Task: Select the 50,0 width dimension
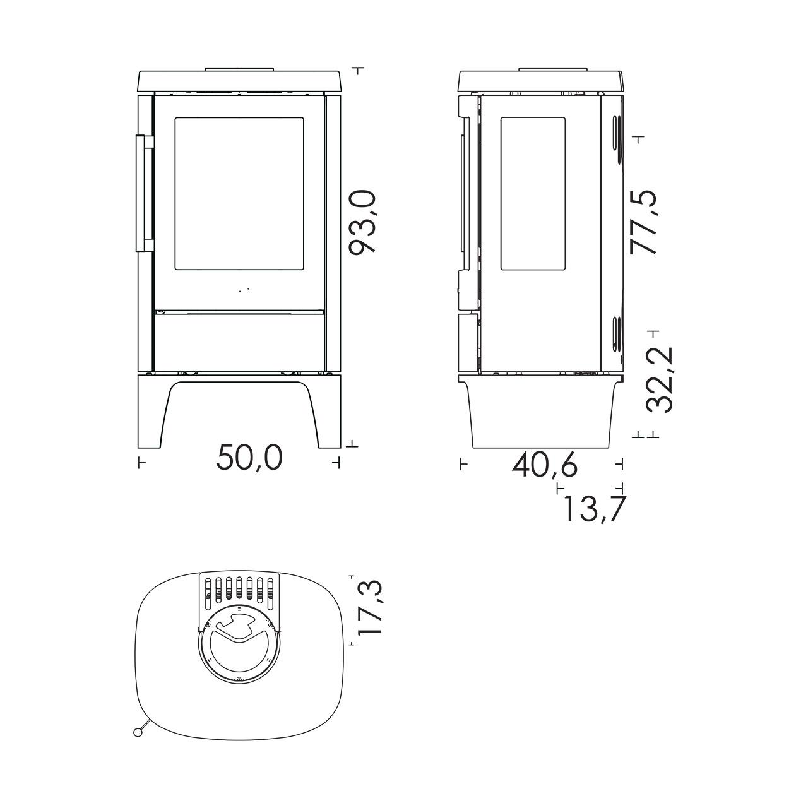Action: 249,458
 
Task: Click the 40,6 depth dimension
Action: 545,465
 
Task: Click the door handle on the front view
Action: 145,193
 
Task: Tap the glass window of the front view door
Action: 239,193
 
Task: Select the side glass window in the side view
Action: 533,193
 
